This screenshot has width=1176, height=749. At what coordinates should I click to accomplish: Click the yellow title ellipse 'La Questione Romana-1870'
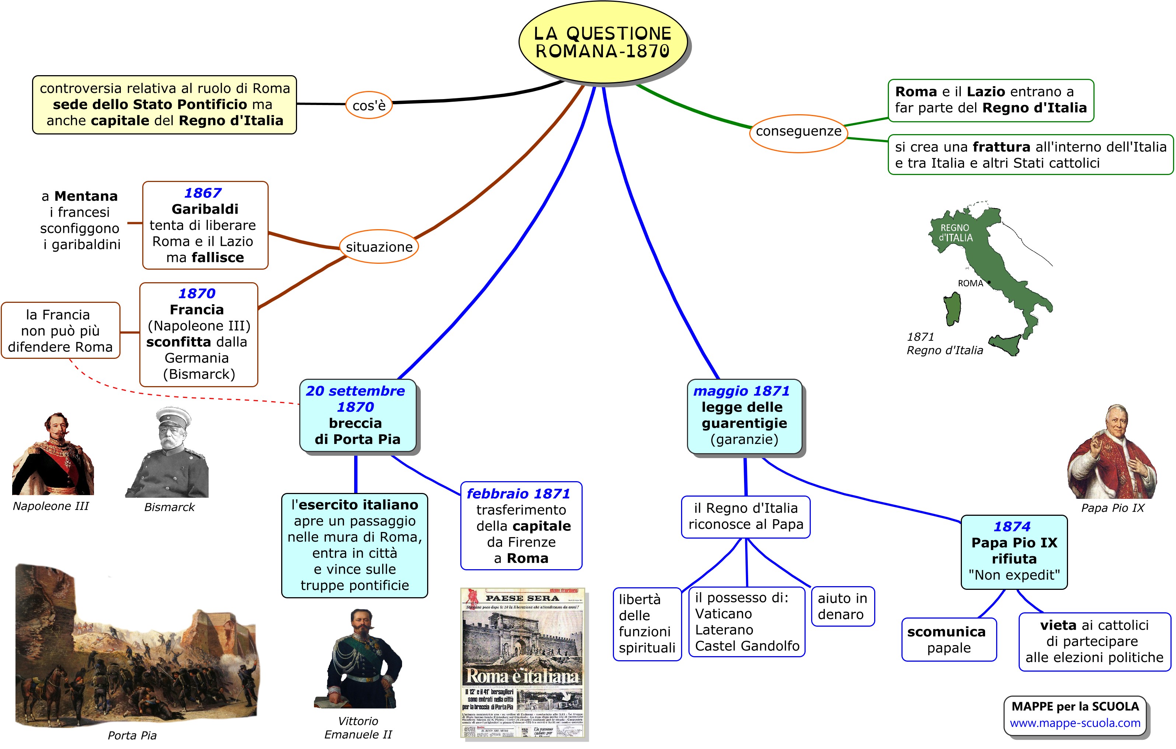coord(603,42)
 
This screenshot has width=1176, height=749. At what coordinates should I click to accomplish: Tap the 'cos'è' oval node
coord(369,105)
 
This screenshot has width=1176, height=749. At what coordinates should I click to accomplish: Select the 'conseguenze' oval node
coord(798,132)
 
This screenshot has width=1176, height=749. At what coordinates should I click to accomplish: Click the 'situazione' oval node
coord(379,247)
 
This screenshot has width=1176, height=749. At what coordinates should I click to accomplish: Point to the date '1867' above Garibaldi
coord(203,193)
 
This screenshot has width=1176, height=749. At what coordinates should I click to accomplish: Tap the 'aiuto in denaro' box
coord(842,606)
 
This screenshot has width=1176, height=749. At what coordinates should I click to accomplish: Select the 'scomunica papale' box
coord(948,640)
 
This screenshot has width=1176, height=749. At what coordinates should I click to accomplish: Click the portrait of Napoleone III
coord(53,454)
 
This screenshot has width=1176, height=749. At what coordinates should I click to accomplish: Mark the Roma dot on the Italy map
coord(989,282)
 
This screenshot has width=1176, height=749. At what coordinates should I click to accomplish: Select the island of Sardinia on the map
coord(952,309)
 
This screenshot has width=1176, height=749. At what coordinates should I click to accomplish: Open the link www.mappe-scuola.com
coord(1075,723)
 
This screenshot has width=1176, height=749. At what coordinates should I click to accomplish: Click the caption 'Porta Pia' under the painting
coord(132,735)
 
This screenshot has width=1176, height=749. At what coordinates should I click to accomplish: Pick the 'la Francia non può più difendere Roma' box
coord(60,330)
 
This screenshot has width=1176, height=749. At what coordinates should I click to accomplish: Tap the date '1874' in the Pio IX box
coord(1012,526)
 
